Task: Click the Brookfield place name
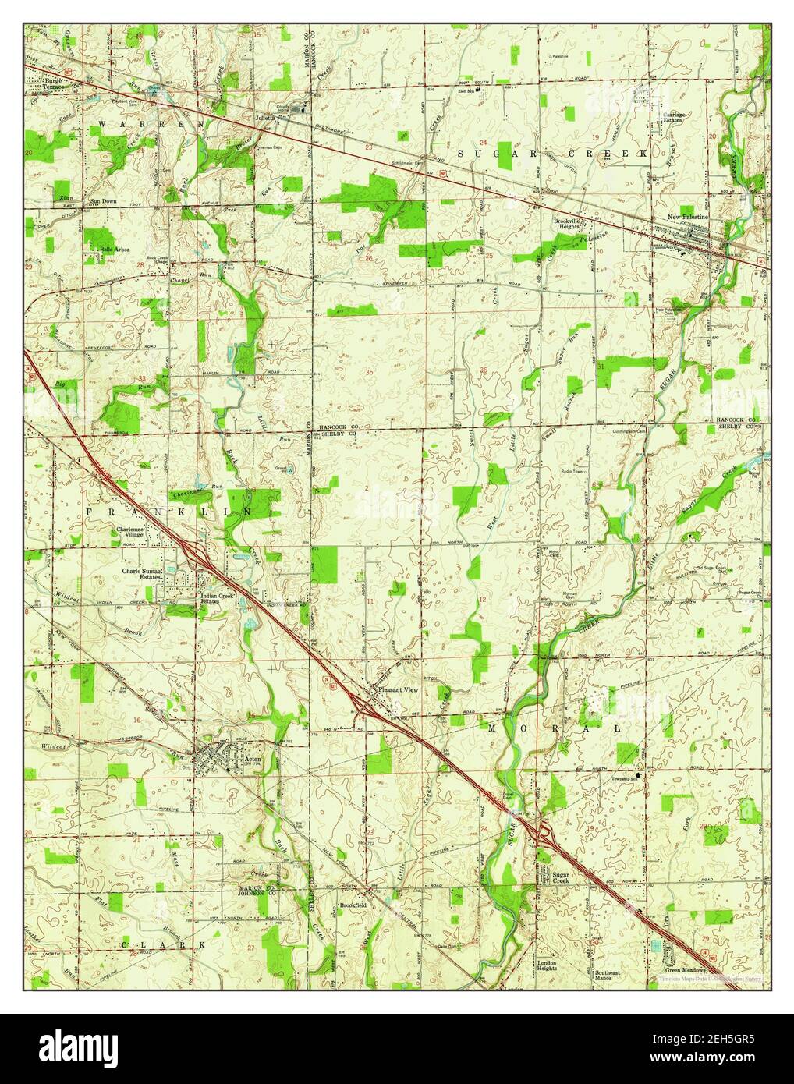point(353,905)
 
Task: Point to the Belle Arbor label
point(110,249)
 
